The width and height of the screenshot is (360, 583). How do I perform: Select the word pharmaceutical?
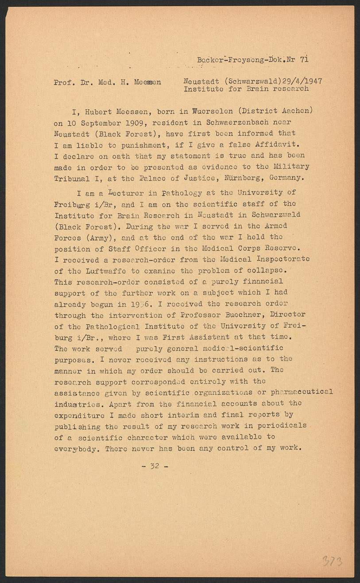302,392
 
